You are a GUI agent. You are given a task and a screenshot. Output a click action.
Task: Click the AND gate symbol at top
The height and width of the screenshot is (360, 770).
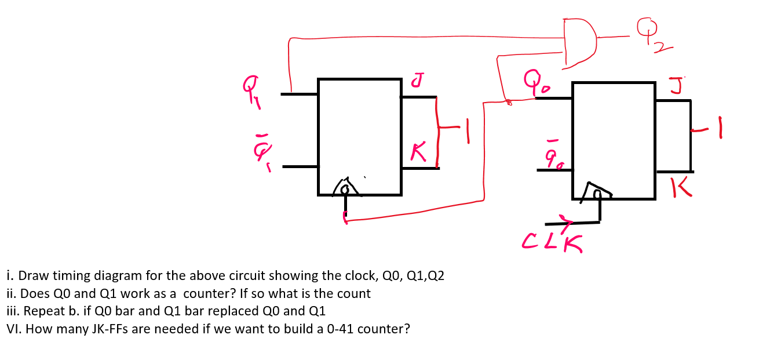(x=579, y=41)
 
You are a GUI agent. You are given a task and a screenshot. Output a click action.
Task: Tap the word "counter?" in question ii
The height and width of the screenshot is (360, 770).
(x=207, y=294)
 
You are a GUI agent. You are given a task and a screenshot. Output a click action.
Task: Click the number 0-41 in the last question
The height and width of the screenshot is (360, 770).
(x=340, y=329)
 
